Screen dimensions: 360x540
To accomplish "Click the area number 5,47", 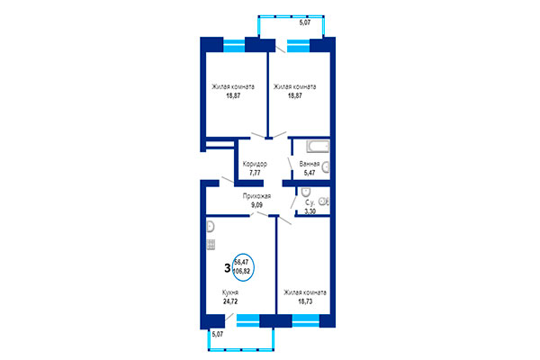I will pos(310,173).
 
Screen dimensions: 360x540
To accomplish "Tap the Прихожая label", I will pos(258,196).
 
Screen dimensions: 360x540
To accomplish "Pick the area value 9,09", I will pos(258,204).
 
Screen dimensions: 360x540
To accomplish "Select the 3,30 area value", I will pos(310,212).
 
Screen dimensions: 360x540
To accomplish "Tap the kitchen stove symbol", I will pos(211,243).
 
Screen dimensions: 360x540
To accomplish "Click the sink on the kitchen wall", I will pos(211,227).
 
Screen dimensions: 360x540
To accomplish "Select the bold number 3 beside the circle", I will pos(225,266).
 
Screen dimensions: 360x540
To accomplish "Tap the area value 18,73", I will pos(305,301).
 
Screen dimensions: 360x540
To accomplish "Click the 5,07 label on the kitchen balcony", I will pos(216,335).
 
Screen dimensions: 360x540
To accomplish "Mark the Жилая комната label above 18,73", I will pos(305,293).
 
